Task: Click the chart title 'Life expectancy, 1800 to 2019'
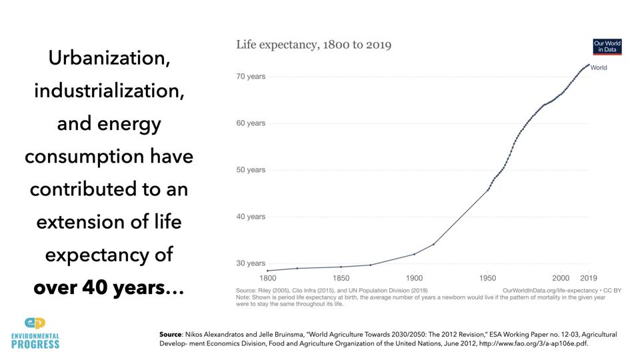tap(313, 45)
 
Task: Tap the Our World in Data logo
tap(607, 47)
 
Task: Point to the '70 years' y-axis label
tap(251, 77)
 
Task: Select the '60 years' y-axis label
tap(251, 123)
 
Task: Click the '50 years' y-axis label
tap(251, 170)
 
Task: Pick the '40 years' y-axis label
tap(251, 217)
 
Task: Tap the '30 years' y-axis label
tap(251, 263)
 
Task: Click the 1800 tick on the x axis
tap(267, 278)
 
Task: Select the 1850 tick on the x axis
tap(341, 278)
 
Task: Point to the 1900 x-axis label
tap(414, 278)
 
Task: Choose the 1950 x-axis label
tap(487, 278)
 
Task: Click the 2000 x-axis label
tap(561, 278)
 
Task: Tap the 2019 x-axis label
tap(588, 278)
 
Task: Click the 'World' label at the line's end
tap(599, 68)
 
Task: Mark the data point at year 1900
tap(414, 254)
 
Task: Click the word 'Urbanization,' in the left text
tap(109, 58)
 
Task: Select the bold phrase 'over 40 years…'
tap(109, 287)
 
